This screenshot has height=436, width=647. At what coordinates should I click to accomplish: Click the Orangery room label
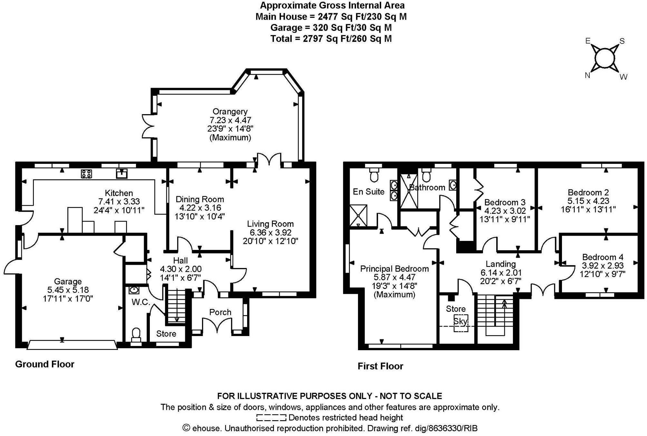[230, 112]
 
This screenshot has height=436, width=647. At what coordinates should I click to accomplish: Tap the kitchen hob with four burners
[86, 174]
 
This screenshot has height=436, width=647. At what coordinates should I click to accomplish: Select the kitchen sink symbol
[122, 173]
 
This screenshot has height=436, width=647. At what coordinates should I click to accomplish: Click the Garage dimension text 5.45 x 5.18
[68, 290]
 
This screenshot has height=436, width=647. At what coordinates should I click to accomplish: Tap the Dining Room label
[200, 199]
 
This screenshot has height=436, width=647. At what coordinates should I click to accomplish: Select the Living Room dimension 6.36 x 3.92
[271, 233]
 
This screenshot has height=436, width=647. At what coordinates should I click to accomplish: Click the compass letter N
[587, 75]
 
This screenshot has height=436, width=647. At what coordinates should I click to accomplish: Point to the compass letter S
[622, 41]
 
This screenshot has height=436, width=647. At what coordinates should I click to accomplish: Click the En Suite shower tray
[358, 215]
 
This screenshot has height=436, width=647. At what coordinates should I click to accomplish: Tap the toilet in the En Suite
[374, 175]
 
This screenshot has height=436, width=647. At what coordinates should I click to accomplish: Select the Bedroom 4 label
[603, 257]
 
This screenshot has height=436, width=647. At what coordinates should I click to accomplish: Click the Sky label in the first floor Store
[460, 322]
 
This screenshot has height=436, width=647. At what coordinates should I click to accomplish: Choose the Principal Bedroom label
[394, 269]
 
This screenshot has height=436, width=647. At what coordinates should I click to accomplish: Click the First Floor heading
[380, 366]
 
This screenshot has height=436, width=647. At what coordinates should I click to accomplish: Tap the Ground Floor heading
[45, 364]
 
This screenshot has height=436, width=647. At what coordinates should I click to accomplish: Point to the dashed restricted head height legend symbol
[271, 418]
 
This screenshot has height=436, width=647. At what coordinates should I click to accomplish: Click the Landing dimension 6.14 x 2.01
[501, 272]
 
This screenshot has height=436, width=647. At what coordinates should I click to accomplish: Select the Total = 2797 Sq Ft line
[331, 39]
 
